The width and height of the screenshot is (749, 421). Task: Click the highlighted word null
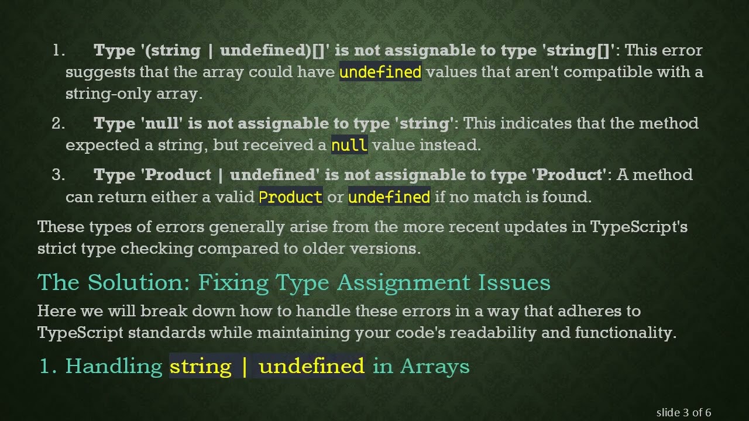(349, 145)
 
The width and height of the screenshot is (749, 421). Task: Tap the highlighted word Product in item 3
(290, 197)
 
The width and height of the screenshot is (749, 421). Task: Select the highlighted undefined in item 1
(380, 72)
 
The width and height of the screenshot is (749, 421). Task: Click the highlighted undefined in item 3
(389, 197)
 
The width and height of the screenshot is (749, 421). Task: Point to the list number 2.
(58, 123)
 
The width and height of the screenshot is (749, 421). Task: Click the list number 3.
(58, 175)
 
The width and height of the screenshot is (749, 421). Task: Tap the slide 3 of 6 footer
(683, 413)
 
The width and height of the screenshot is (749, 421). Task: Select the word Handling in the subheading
(114, 366)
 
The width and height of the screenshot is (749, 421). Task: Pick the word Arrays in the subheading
(435, 366)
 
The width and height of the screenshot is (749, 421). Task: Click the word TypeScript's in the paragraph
(639, 226)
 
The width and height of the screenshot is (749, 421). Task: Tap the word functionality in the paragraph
(624, 333)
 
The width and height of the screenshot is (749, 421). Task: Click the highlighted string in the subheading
(201, 366)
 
